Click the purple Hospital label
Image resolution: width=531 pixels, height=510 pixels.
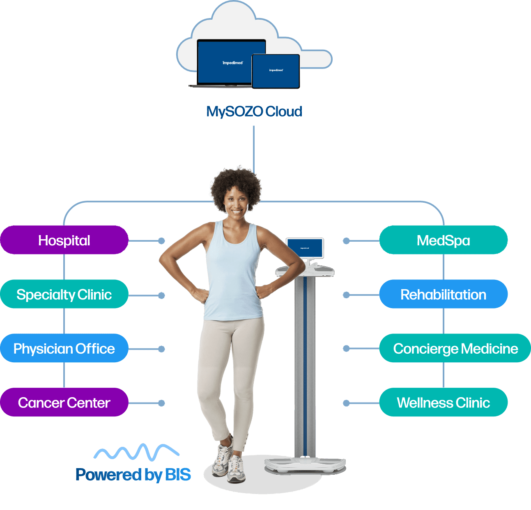pos(64,240)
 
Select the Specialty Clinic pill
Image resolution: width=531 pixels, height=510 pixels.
pos(64,294)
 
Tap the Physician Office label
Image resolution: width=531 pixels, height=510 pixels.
pos(64,348)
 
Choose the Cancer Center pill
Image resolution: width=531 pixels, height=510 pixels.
pos(64,403)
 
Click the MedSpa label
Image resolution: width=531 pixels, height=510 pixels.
pos(443,240)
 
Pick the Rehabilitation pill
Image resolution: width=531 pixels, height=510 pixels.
pos(443,294)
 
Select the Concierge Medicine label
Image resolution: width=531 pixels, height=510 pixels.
pos(455,348)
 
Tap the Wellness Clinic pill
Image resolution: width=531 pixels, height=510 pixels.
pos(443,403)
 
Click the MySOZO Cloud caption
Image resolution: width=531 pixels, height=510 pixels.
pos(254,111)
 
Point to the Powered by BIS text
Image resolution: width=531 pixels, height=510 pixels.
pos(133,475)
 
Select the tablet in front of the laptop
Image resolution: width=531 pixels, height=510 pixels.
pos(276,71)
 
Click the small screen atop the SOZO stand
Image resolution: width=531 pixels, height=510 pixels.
pos(305,248)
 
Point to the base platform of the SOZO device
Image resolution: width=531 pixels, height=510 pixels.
pos(305,465)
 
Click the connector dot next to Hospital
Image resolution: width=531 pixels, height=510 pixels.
pos(161,241)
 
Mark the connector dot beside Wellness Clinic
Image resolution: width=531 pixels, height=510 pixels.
pos(346,403)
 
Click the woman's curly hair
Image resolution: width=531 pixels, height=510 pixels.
pos(235,185)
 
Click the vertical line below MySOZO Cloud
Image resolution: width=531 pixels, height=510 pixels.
pos(254,148)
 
